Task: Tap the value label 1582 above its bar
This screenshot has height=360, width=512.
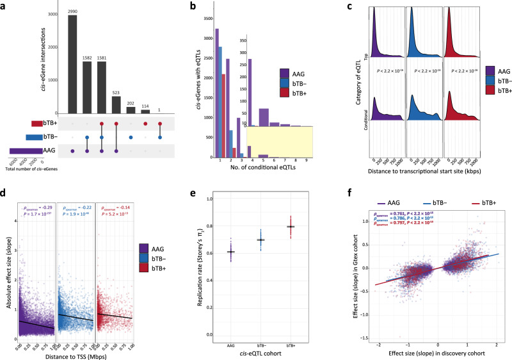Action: [x=86, y=58]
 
